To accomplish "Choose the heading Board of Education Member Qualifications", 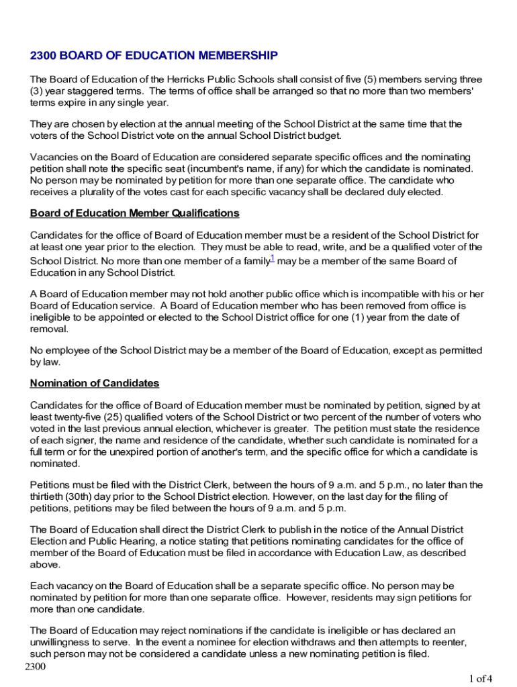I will click(134, 213).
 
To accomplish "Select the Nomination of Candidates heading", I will click(95, 383).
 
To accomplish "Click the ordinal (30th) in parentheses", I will click(81, 496).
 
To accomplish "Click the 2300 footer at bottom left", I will click(35, 666).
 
